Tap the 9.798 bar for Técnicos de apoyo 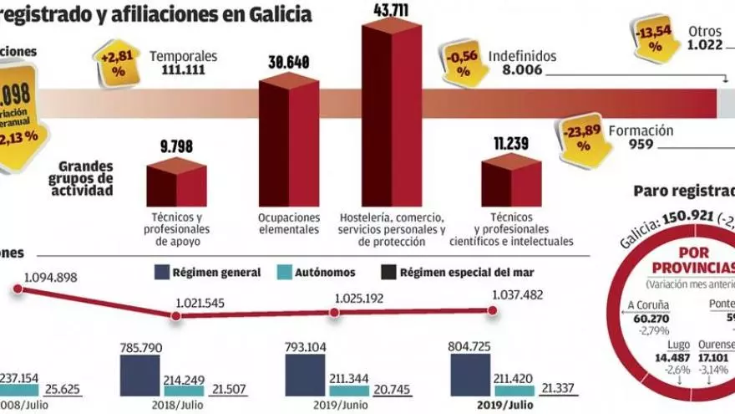pos(176,185)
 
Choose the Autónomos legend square pos(283,272)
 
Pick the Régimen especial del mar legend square pos(389,272)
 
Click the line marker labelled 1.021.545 pos(175,315)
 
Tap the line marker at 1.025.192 pos(334,312)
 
